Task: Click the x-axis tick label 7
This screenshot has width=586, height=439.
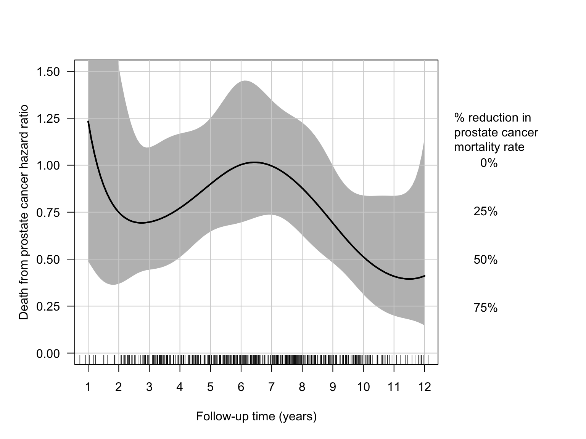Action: click(x=271, y=387)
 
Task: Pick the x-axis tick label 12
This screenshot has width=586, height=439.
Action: click(x=424, y=387)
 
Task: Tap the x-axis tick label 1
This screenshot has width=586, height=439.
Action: click(x=88, y=387)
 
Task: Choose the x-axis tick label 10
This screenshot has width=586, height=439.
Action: click(x=363, y=387)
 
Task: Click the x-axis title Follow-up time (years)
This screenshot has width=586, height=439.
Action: click(x=256, y=417)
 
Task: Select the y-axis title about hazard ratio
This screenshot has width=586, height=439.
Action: click(x=24, y=212)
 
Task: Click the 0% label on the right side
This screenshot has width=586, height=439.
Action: click(x=489, y=163)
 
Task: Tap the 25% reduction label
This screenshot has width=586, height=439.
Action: click(x=485, y=212)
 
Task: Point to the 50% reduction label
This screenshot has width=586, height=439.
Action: click(x=485, y=260)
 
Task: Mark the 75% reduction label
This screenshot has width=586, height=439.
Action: click(x=485, y=308)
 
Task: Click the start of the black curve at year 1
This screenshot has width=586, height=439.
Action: click(x=88, y=121)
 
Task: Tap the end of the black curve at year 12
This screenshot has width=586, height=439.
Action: click(x=424, y=276)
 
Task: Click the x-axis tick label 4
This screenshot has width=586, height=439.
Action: click(x=180, y=387)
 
